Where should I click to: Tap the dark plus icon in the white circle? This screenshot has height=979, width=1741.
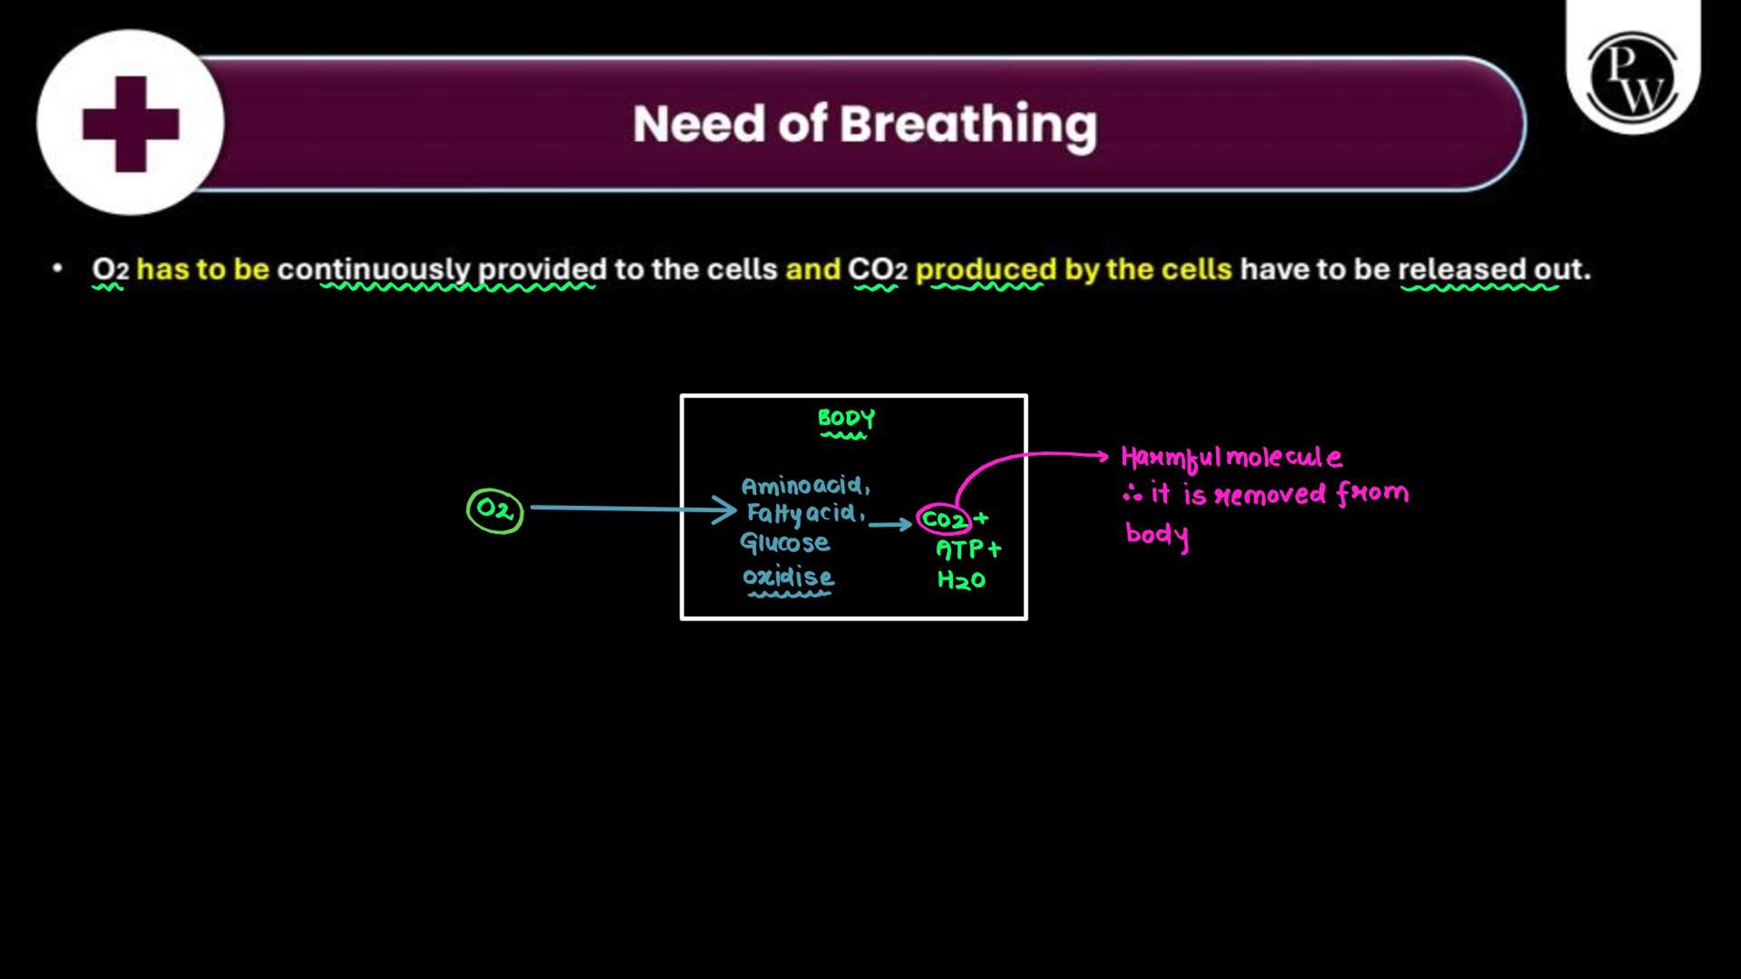pos(131,124)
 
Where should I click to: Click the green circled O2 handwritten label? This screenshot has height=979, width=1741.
pos(494,510)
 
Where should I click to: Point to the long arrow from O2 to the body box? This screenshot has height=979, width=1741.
pos(633,509)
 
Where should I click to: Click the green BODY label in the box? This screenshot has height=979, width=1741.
pos(846,418)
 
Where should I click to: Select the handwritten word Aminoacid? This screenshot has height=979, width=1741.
pos(805,485)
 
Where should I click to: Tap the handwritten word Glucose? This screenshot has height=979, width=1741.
pos(785,542)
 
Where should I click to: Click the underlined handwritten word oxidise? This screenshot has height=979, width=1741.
pos(788,577)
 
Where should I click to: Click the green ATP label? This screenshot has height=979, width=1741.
pos(960,549)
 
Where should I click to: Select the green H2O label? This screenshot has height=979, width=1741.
pos(961,580)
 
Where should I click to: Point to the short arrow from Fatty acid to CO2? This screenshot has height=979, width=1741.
pos(890,524)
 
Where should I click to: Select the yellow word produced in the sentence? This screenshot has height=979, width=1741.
pos(986,270)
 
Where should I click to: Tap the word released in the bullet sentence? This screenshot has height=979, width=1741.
pos(1461,269)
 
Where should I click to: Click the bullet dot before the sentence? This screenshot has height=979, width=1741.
pos(58,269)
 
